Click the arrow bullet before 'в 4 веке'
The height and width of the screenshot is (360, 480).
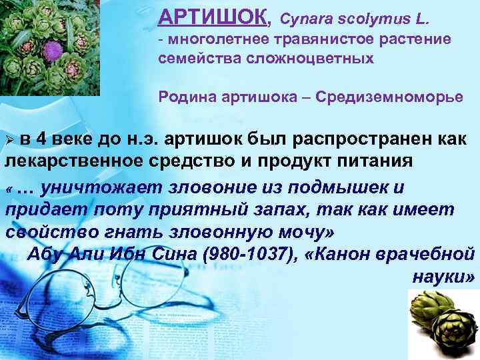[9, 139]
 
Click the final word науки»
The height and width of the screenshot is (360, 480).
[439, 276]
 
